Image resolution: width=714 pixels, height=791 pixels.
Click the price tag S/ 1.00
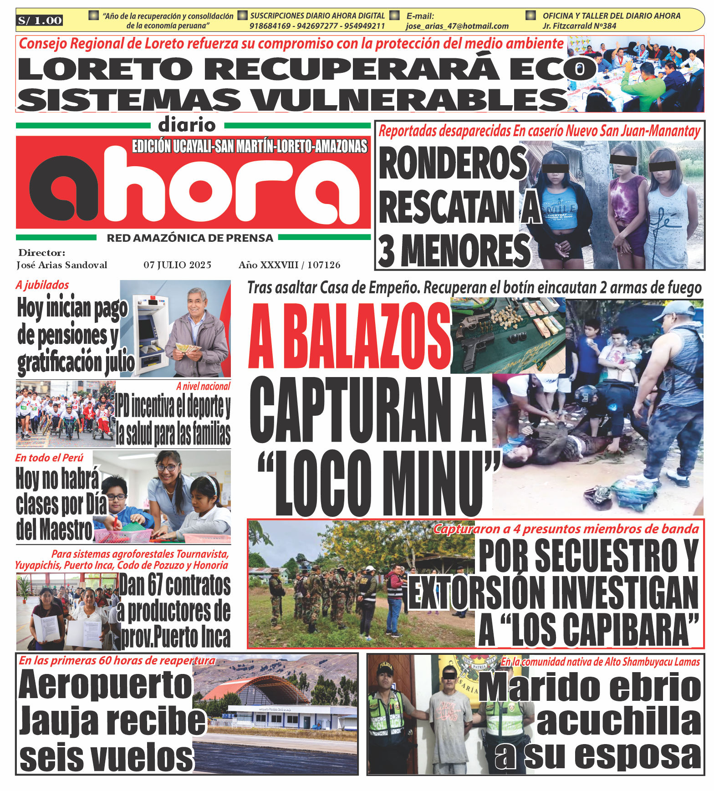(40, 20)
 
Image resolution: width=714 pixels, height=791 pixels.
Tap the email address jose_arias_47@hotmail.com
(457, 26)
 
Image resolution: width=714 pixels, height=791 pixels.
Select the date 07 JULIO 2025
(177, 265)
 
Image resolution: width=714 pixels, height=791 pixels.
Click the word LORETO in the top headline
(105, 69)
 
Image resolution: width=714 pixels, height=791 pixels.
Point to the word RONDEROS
(452, 163)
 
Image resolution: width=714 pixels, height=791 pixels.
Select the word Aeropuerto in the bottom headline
(105, 685)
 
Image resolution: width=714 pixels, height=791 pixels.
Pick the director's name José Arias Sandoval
(62, 265)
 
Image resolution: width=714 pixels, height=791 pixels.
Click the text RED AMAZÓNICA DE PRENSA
(190, 238)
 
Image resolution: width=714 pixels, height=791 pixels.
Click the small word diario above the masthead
(187, 125)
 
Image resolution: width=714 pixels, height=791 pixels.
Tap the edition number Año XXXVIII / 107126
(289, 265)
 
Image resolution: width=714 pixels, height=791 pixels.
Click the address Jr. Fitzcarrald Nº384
(579, 26)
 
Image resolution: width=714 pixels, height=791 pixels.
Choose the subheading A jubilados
(42, 285)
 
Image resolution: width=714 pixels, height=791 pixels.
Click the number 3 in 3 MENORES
(387, 251)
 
